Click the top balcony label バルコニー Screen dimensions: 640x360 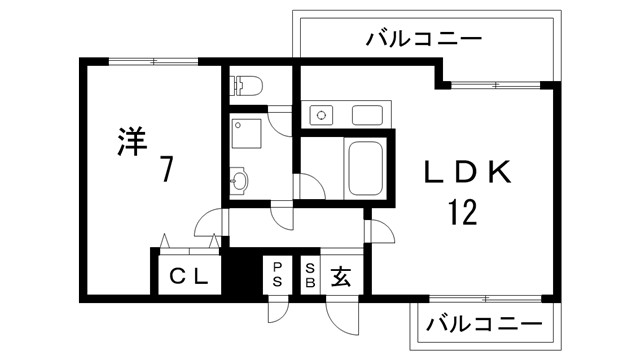pyautogui.click(x=424, y=40)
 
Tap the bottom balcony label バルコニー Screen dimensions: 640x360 pyautogui.click(x=484, y=325)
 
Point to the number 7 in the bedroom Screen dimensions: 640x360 pyautogui.click(x=165, y=170)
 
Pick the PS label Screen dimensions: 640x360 pyautogui.click(x=277, y=274)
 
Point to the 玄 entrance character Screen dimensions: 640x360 pyautogui.click(x=341, y=274)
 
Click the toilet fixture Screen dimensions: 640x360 pyautogui.click(x=245, y=87)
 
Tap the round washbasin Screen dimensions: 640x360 pyautogui.click(x=240, y=181)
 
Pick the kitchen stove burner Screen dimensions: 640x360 pyautogui.click(x=322, y=115)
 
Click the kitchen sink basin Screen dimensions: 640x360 pyautogui.click(x=368, y=115)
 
